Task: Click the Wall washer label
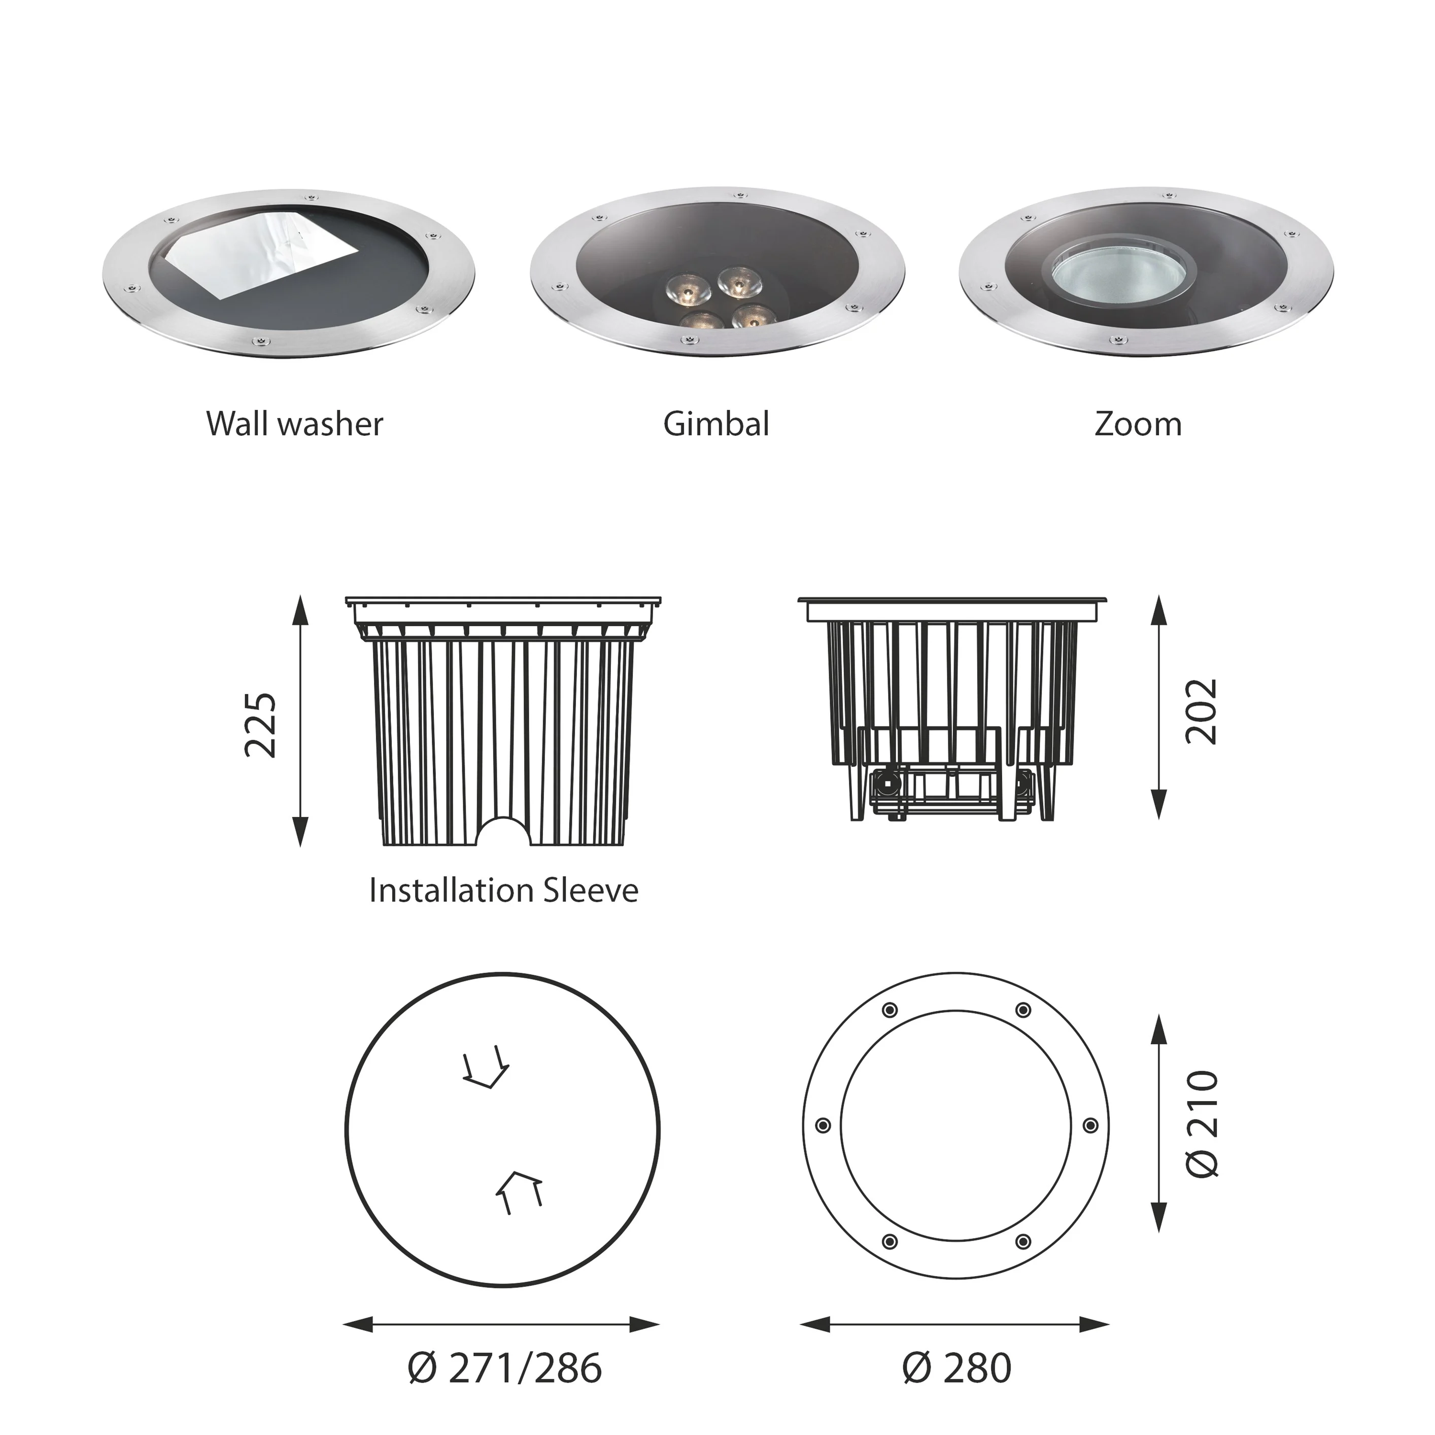pos(295,424)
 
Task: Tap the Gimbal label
pos(716,424)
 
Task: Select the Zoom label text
pos(1138,424)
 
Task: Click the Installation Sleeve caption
pos(503,890)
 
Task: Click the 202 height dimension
pos(1202,711)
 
